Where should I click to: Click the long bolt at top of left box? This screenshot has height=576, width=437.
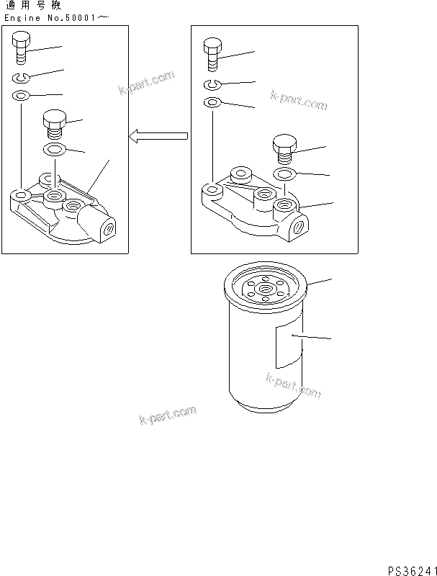click(21, 49)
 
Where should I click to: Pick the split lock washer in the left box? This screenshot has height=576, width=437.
click(21, 78)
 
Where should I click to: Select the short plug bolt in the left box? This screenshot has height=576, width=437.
click(55, 123)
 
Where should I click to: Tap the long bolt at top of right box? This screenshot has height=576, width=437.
click(212, 54)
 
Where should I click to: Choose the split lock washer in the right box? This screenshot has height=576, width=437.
click(211, 86)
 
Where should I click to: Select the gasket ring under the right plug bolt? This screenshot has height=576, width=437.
click(285, 174)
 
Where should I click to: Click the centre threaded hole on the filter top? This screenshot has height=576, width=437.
click(266, 292)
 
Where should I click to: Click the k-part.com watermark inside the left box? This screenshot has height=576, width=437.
click(147, 84)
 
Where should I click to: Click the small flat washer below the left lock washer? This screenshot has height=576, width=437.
click(21, 95)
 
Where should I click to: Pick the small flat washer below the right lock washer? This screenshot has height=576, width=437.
click(211, 103)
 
